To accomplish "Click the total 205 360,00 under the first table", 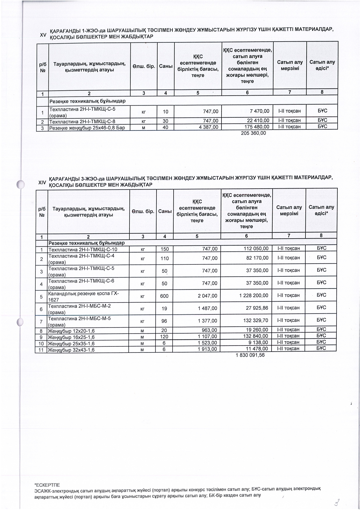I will point(253,133).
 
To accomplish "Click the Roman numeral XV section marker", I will point(43,35).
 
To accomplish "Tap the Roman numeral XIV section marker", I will point(42,182).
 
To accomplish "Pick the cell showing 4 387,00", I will point(208,127).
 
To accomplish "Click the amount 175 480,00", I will point(257,127).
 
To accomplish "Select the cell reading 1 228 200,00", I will point(254,295).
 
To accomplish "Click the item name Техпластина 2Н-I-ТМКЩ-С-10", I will point(83,249).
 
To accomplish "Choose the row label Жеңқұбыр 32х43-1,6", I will point(71,350).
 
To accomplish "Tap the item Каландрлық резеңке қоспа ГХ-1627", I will point(84,296).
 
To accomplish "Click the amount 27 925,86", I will point(257,308).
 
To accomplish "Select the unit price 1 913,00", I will point(207,349).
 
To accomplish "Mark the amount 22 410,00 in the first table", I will point(257,120).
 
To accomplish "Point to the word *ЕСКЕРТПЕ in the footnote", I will point(47,485).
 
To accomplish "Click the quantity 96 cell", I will point(164,321).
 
